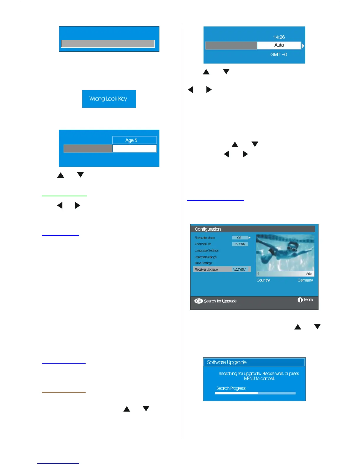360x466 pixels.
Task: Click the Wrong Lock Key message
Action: pyautogui.click(x=108, y=99)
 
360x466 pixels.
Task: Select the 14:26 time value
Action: pyautogui.click(x=279, y=37)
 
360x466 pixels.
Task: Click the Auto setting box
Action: pyautogui.click(x=279, y=45)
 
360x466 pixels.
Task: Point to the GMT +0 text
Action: pyautogui.click(x=279, y=54)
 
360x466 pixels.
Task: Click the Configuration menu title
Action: pyautogui.click(x=208, y=229)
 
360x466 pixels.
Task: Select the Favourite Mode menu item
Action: pyautogui.click(x=205, y=238)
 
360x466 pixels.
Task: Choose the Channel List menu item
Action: pyautogui.click(x=203, y=244)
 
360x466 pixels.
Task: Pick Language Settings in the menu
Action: pyautogui.click(x=206, y=250)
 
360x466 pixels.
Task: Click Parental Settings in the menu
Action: pyautogui.click(x=206, y=257)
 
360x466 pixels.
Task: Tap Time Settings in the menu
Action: pyautogui.click(x=203, y=263)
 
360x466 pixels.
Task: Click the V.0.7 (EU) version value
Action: pyautogui.click(x=240, y=269)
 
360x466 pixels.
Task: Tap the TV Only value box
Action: pyautogui.click(x=240, y=244)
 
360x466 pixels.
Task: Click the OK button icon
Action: pyautogui.click(x=199, y=301)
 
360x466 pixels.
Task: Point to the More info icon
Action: pyautogui.click(x=300, y=300)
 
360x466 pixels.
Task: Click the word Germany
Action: pyautogui.click(x=305, y=280)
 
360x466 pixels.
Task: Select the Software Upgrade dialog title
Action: pyautogui.click(x=227, y=362)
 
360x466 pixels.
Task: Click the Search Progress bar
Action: pyautogui.click(x=255, y=393)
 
